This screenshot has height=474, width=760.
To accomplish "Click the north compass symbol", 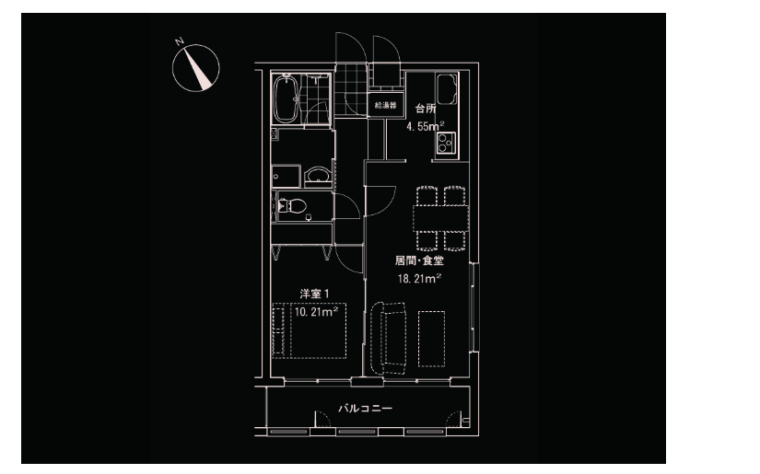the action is pos(196,68).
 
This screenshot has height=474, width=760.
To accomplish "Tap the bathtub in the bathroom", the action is pos(286,98).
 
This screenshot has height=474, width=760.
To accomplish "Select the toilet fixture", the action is pos(292,206).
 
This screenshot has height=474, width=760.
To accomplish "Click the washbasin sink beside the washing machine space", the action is pos(318,175).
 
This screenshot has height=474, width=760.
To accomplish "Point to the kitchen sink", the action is pos(447,89).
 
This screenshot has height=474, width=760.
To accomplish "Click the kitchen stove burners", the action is pos(446,143).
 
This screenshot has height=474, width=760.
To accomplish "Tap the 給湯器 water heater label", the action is pos(385,105).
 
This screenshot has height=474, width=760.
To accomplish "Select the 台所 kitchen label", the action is pos(426,109).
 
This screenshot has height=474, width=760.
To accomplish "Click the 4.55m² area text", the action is pos(425,126).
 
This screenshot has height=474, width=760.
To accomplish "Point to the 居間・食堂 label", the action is pos(419,260).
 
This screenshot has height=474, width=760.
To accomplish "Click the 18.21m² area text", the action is pos(419,278).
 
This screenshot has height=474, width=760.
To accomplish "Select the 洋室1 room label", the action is pos(314,294).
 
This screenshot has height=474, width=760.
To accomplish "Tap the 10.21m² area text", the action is pos(316,311).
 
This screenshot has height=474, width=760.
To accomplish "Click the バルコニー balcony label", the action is pos(365,408).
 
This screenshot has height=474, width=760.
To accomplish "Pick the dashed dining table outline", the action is pos(441,218).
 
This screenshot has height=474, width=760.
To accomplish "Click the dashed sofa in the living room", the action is pos(389,339).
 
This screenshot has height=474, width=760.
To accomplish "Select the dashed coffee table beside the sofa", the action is pos(431,339).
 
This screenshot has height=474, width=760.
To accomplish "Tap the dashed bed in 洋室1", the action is pos(310,330).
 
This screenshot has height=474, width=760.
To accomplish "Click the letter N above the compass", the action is pos(180,41).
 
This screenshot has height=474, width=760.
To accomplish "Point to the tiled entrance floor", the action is pos(350,90).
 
